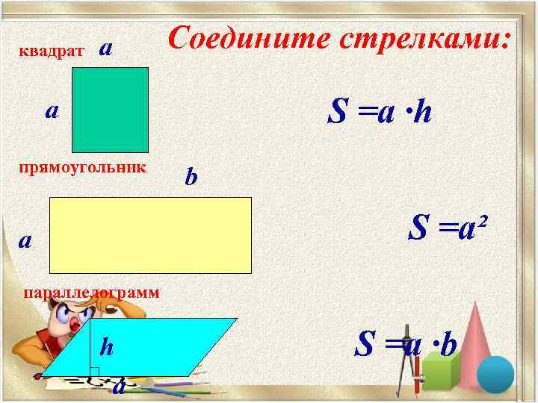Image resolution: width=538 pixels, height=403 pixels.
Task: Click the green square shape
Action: coord(111,109)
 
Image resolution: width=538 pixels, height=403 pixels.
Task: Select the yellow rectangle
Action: coord(150,236)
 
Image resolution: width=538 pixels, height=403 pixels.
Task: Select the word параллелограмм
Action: coord(91,293)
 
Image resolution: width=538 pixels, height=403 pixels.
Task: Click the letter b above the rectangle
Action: coord(191,178)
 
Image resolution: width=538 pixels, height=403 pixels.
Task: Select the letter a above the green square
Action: coord(107,48)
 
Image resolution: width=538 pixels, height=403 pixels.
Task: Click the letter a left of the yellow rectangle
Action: coord(26,240)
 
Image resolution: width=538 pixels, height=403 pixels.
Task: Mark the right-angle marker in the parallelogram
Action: coord(95,371)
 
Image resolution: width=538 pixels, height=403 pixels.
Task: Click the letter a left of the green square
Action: coord(52,111)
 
